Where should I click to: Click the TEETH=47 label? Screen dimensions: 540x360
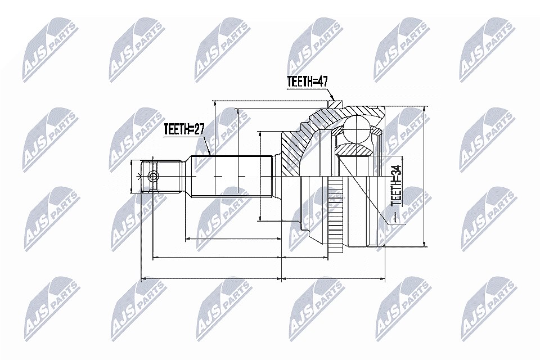click(x=308, y=82)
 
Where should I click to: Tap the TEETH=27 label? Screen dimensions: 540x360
click(x=184, y=129)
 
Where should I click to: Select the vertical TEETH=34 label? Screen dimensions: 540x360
click(x=397, y=186)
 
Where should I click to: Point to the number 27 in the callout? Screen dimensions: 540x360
click(x=199, y=129)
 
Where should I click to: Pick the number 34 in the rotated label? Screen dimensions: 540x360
click(x=397, y=170)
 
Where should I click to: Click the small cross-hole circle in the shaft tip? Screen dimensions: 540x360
click(x=152, y=177)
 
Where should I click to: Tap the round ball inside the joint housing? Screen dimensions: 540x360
click(x=357, y=129)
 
